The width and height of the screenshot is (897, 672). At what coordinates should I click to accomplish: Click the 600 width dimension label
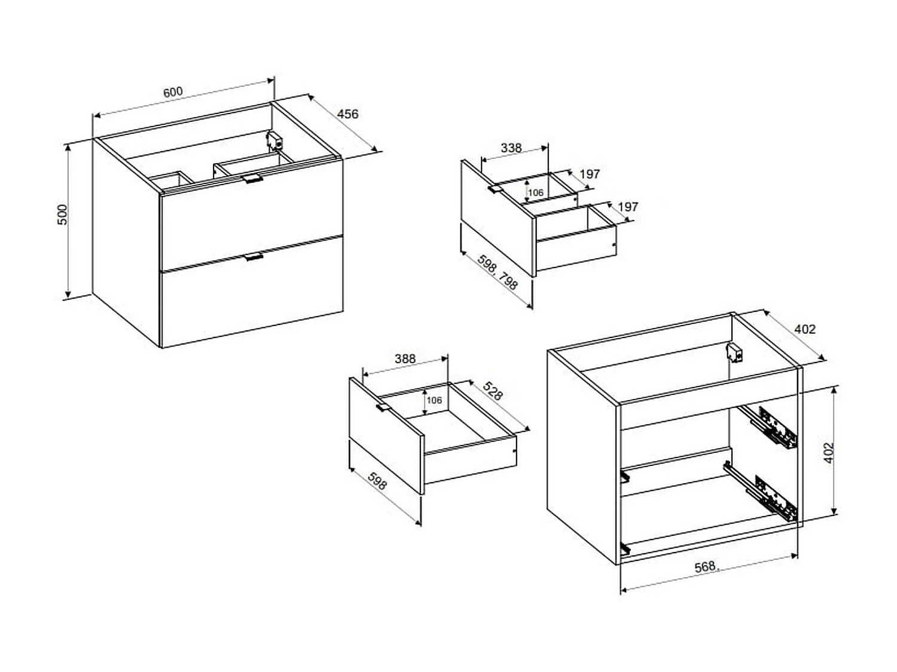[173, 92]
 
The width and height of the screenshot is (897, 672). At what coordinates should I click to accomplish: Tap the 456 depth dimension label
[348, 114]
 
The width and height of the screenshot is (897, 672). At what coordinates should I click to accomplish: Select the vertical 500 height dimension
[63, 214]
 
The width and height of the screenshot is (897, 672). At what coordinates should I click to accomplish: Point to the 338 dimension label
[511, 148]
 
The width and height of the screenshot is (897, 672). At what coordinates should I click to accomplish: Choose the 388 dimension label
[405, 358]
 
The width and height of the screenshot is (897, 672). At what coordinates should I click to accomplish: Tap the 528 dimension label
[492, 391]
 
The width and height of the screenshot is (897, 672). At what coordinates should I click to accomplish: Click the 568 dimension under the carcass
[706, 567]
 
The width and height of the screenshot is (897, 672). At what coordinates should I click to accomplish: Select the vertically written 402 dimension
[828, 453]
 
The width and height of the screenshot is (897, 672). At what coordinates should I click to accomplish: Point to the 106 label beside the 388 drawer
[434, 400]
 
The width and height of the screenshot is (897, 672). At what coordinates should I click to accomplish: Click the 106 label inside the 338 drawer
[535, 192]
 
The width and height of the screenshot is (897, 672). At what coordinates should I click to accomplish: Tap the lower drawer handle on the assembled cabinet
[254, 257]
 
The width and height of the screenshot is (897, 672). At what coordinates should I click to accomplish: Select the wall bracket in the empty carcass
[735, 352]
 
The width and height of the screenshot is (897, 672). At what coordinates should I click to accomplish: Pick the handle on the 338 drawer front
[495, 189]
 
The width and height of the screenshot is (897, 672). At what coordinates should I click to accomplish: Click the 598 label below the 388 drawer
[377, 481]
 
